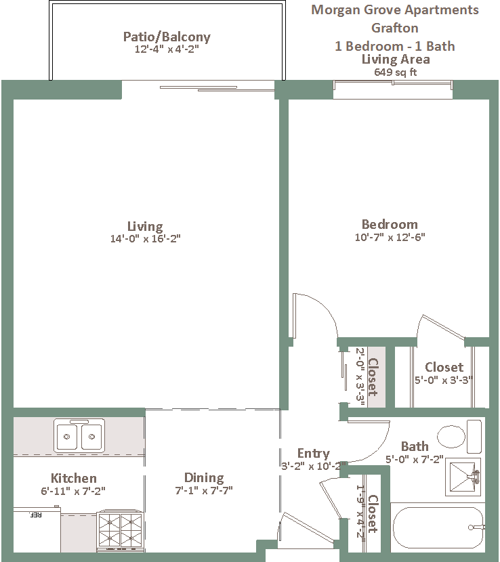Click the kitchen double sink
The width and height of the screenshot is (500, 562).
[79, 435]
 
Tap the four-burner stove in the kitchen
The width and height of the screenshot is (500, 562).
[120, 531]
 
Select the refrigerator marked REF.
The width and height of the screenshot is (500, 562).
[37, 529]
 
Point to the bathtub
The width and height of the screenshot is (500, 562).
[438, 527]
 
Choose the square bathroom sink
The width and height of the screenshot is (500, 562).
[463, 477]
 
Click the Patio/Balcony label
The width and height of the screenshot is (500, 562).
[167, 37]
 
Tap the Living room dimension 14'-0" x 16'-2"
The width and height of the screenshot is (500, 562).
[145, 238]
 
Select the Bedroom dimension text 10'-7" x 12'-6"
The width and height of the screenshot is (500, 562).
[390, 237]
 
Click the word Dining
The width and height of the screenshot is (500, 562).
[204, 478]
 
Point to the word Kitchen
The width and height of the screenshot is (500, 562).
[74, 478]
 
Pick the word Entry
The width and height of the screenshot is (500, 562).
[314, 454]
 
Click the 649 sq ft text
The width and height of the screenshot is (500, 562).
[395, 72]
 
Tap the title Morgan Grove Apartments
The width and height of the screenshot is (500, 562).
[395, 10]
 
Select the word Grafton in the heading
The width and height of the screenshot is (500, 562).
[395, 28]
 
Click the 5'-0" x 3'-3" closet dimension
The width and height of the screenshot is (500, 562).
[444, 380]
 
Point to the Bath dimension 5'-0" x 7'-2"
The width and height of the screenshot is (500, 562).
[415, 459]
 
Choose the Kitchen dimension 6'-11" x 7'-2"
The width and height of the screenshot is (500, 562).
[73, 491]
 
